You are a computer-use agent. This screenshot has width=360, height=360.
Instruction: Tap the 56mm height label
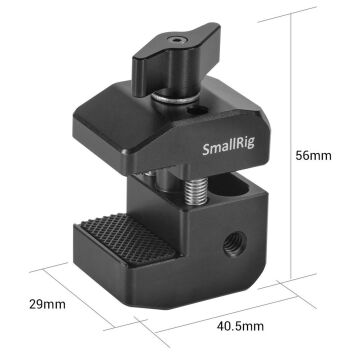point(315,156)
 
